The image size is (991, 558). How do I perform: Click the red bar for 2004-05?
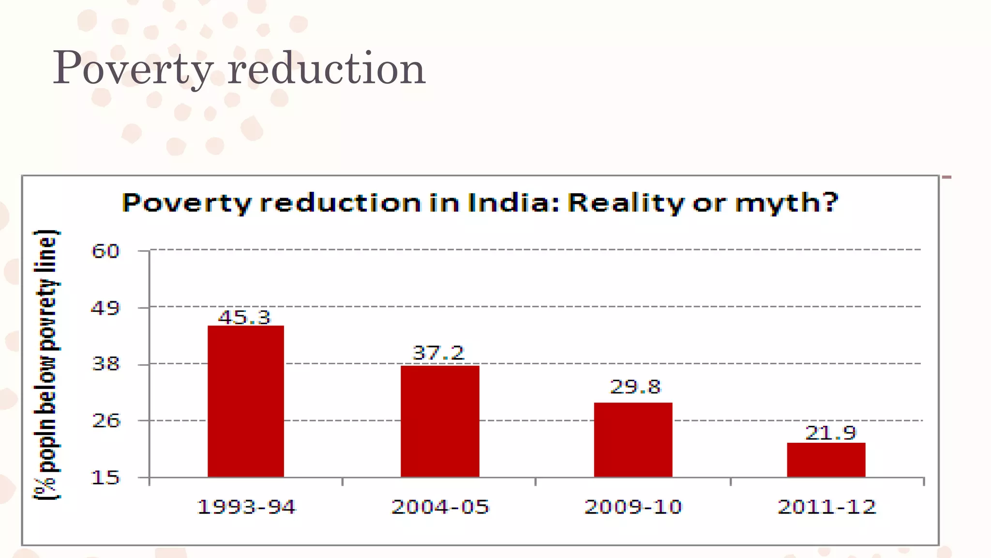pos(440,421)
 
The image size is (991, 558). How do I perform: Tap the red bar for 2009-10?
pos(633,439)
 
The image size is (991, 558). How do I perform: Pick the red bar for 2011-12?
pos(826,460)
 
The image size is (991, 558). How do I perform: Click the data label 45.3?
pos(244,317)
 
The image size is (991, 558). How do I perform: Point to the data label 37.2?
pos(438,353)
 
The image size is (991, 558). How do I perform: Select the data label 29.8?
pos(635,387)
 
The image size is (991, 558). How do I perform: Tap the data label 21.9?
pos(830,433)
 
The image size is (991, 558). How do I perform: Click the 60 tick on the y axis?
pos(105,251)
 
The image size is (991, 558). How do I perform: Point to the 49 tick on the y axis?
pos(105,308)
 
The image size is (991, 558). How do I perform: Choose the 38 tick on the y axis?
pos(105,364)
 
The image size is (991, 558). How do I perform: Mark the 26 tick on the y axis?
pos(105,420)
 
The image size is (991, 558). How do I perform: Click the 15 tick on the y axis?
pos(105,478)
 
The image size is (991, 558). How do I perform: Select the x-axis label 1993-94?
pos(246,507)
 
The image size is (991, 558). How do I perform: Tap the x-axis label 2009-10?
pos(633,507)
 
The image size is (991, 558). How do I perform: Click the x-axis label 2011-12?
pos(826,507)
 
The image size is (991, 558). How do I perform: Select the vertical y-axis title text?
pos(47,364)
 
